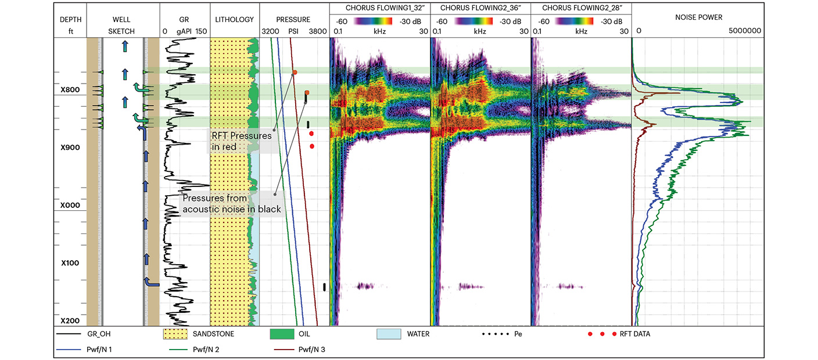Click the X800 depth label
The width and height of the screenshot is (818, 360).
tap(70, 90)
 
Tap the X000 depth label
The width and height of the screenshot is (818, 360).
tap(70, 206)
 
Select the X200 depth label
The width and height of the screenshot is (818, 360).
tap(70, 321)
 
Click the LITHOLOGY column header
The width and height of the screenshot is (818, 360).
tap(234, 19)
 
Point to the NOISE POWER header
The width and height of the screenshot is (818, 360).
tap(699, 18)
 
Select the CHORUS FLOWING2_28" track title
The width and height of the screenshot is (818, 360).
tap(580, 8)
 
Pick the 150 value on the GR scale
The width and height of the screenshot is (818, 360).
tap(201, 31)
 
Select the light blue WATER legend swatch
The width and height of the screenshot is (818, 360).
tap(389, 334)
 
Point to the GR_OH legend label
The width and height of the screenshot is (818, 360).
tap(103, 334)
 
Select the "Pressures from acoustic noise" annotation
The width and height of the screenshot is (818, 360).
tap(231, 204)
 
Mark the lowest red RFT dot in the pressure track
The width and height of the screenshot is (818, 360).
tap(312, 146)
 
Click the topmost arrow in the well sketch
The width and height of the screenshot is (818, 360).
tap(125, 47)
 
